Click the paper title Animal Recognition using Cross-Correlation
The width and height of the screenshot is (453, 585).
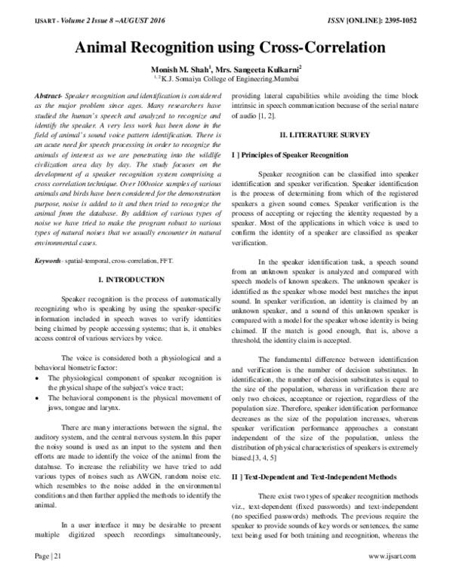point(226,48)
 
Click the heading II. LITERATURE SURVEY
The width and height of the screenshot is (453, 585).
point(323,136)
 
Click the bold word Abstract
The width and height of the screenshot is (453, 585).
point(49,98)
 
